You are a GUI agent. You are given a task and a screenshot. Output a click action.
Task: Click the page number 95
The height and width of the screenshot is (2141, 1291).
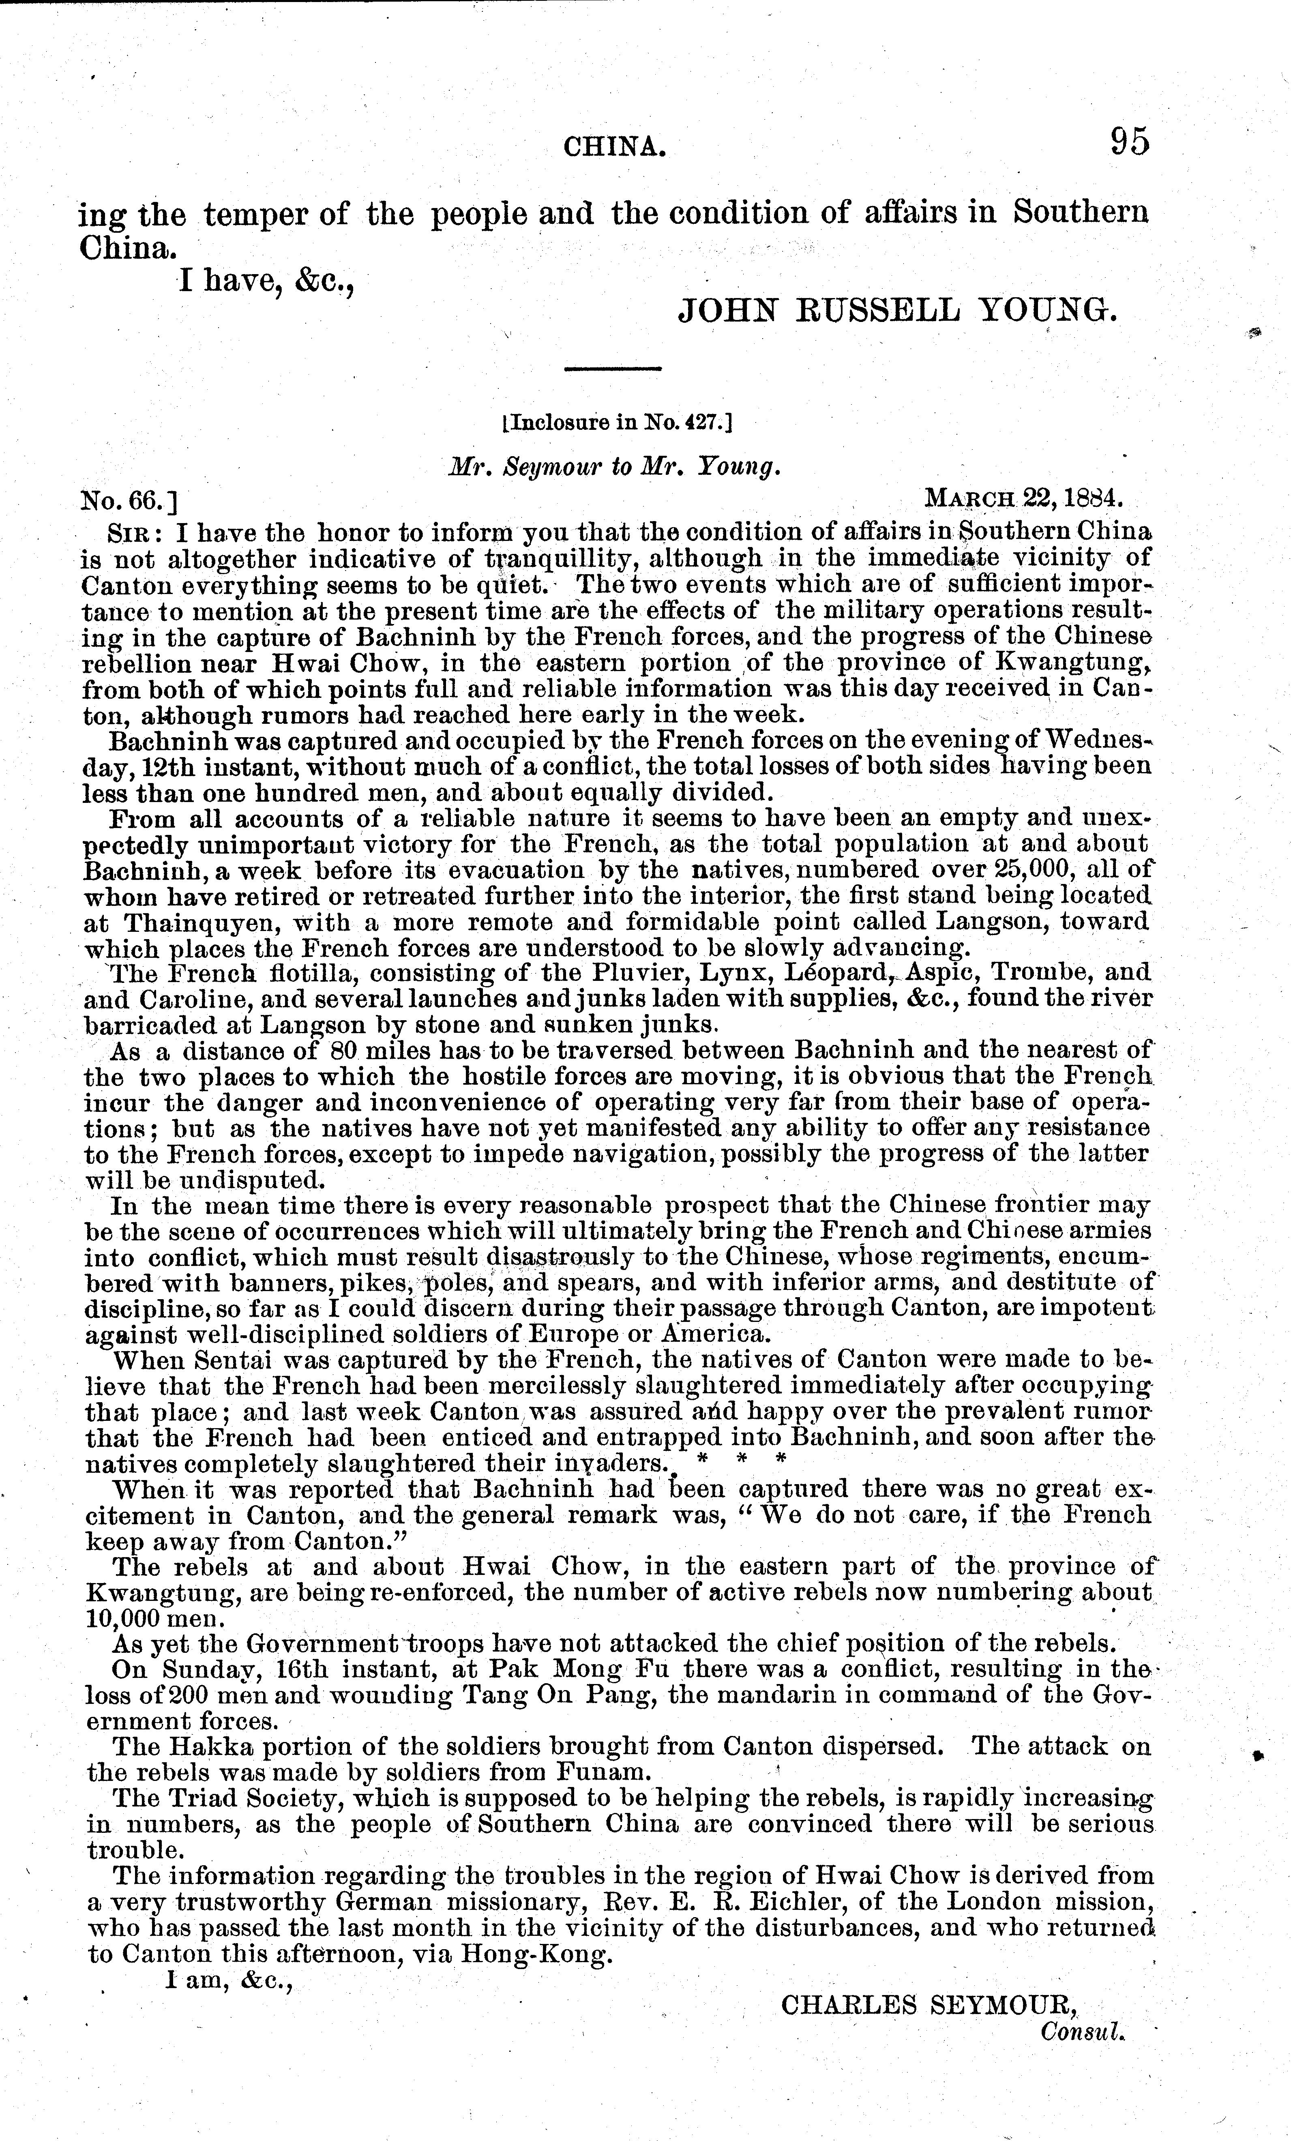point(1128,142)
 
